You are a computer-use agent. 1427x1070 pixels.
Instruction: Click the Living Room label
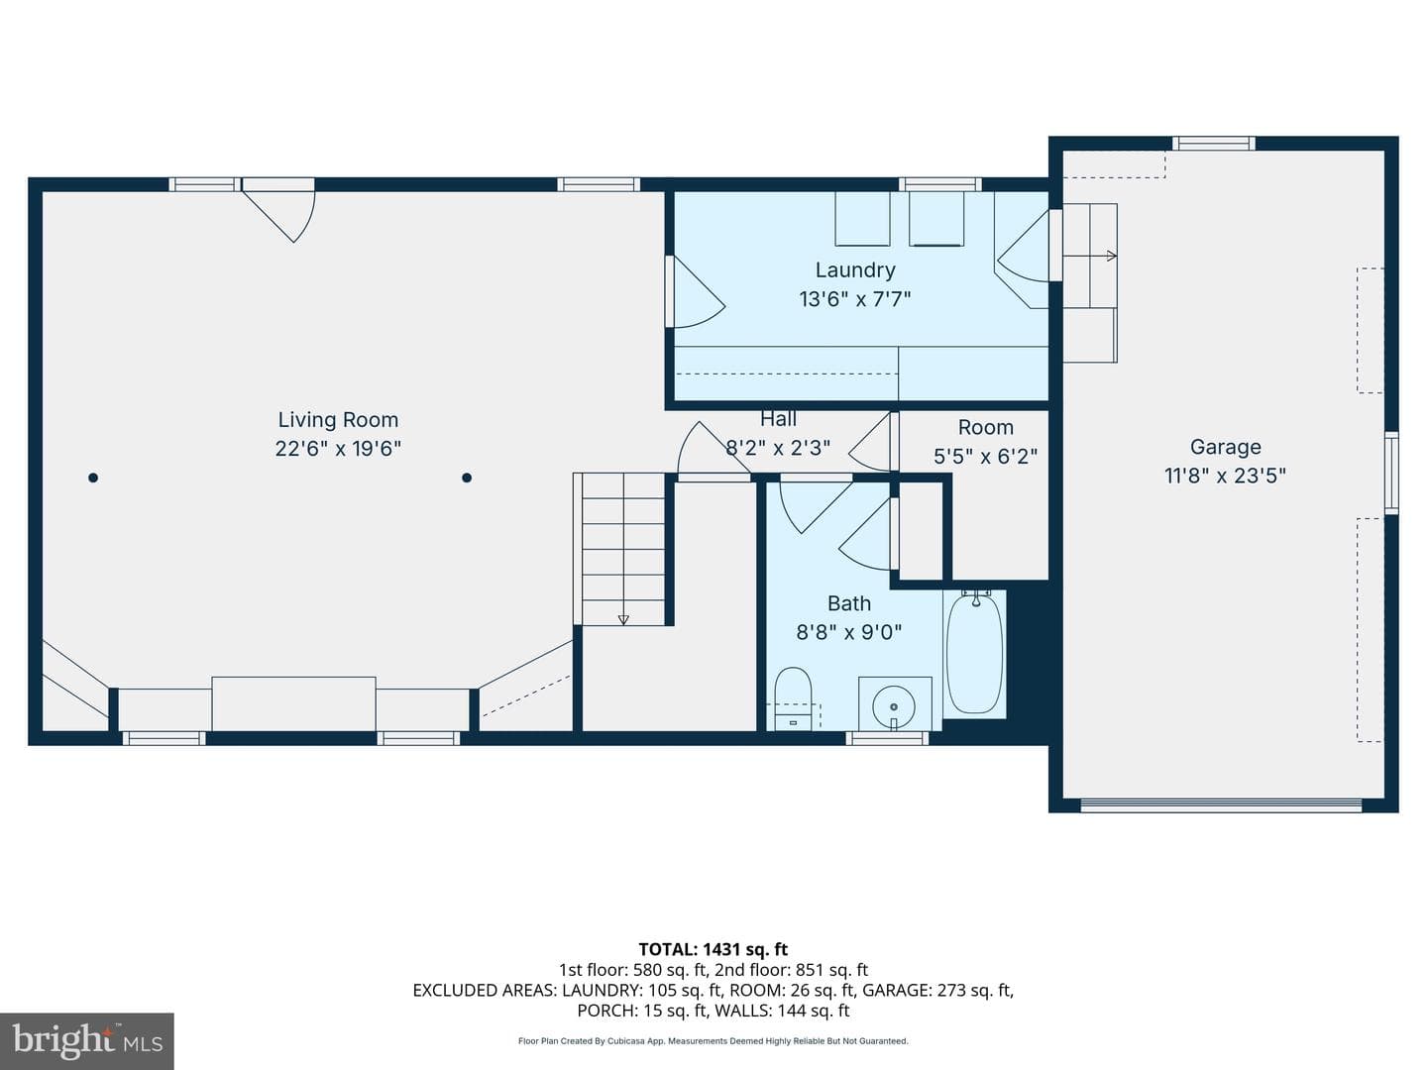pos(338,420)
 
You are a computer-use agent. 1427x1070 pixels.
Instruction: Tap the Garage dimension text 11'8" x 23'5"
pos(1225,476)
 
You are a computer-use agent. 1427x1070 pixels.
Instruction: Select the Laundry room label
pos(855,269)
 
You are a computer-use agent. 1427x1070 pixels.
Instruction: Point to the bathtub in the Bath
pos(974,654)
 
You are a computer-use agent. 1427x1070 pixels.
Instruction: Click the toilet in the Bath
pos(793,697)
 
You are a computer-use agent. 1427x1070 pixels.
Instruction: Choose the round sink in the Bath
pos(894,706)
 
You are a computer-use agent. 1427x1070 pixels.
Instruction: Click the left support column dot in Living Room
pos(93,478)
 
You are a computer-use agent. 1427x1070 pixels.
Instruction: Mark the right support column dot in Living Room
pos(466,478)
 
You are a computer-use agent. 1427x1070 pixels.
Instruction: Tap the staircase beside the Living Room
pos(622,549)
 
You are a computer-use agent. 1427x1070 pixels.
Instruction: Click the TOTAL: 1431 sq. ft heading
pos(713,949)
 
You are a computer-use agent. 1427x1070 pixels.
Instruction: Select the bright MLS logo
pos(87,1041)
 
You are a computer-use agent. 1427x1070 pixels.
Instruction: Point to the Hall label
pos(778,419)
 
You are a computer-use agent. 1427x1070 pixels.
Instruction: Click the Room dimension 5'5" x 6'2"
pos(986,456)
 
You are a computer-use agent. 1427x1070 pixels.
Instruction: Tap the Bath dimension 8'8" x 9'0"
pos(849,631)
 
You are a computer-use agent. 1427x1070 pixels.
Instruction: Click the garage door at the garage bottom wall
pos(1221,805)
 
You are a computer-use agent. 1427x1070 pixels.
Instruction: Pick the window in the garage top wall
pos(1214,143)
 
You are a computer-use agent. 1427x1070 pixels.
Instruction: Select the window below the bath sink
pos(887,737)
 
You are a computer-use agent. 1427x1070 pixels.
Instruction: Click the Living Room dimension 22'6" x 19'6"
pos(338,448)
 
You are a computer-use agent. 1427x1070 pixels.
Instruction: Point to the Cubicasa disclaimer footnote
pos(713,1040)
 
